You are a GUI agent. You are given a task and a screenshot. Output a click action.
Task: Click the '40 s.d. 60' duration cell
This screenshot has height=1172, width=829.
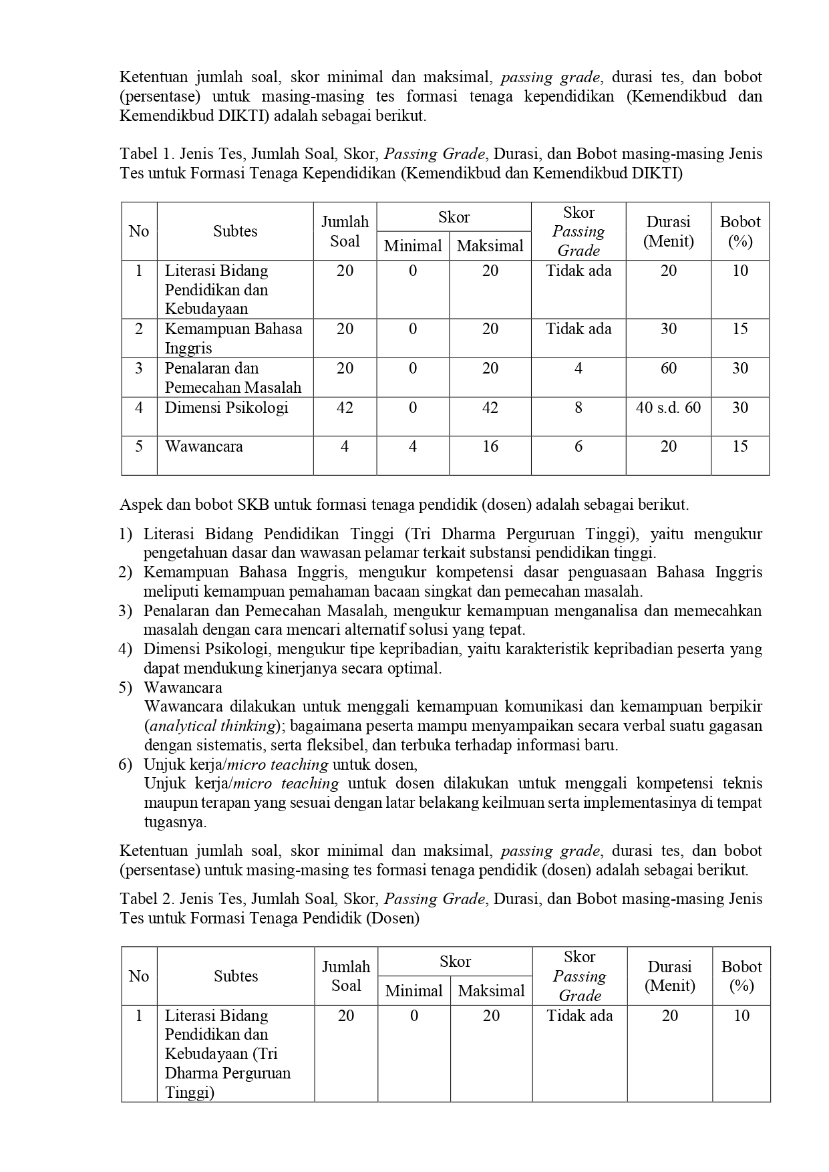(668, 408)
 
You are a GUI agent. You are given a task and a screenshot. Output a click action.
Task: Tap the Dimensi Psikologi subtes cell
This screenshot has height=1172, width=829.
(226, 408)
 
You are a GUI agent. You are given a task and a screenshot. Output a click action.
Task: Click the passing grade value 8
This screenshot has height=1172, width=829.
(578, 408)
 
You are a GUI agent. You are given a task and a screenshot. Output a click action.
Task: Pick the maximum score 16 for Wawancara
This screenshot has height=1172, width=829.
(490, 446)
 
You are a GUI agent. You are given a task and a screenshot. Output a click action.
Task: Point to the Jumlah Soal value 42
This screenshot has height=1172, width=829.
(345, 408)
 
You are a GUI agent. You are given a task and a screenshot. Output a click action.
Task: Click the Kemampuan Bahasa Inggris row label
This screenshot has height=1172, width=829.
(233, 338)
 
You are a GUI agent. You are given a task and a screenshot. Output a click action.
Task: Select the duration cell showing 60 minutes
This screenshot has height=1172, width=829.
(668, 368)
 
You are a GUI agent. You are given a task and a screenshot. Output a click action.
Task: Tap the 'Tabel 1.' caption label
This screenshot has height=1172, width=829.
(147, 154)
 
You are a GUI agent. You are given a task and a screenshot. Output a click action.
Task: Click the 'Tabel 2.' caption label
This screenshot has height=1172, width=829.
(147, 899)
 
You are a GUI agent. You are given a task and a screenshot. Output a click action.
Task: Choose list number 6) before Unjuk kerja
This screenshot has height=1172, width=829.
(126, 764)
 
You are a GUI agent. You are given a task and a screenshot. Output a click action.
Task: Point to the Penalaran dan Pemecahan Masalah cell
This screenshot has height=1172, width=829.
(233, 378)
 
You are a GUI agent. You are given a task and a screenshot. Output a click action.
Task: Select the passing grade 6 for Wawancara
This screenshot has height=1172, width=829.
(578, 446)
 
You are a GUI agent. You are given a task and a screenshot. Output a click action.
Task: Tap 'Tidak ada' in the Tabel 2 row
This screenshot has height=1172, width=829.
(579, 1016)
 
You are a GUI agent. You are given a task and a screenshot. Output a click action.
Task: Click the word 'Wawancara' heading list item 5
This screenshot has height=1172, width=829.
(183, 688)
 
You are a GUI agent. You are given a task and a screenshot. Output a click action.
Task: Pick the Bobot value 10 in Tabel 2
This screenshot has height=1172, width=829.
(741, 1016)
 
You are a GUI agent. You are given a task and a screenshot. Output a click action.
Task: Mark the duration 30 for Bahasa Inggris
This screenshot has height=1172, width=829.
(668, 329)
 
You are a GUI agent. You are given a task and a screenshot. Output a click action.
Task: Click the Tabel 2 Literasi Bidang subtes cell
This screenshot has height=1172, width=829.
(228, 1054)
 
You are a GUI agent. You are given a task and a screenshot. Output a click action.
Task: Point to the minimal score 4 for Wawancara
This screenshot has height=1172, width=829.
(413, 446)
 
